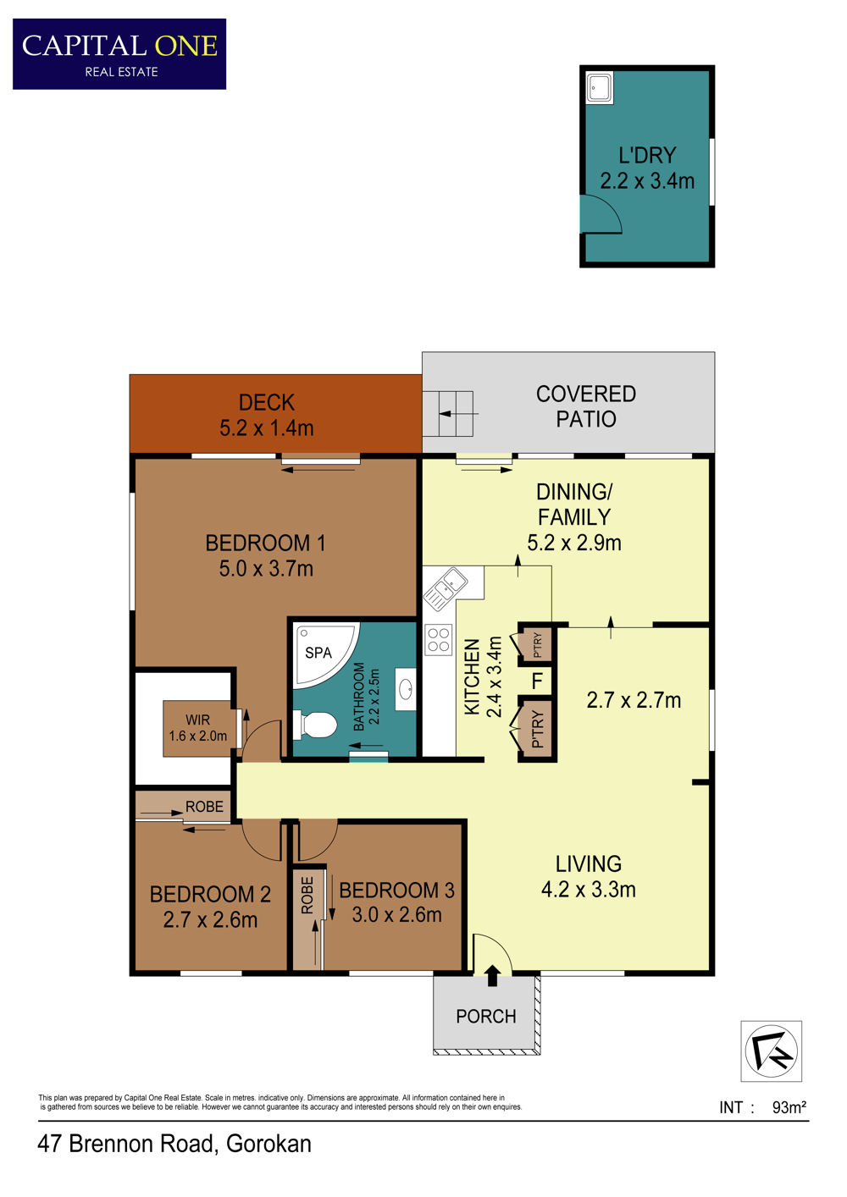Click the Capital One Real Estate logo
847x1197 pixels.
pyautogui.click(x=119, y=54)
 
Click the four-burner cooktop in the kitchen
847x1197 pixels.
pyautogui.click(x=439, y=640)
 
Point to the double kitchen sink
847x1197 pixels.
pyautogui.click(x=446, y=588)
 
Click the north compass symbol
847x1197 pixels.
pyautogui.click(x=771, y=1051)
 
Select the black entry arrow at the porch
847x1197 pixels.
pyautogui.click(x=492, y=975)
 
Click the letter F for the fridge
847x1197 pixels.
pyautogui.click(x=537, y=681)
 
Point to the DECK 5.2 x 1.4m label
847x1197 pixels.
pyautogui.click(x=266, y=415)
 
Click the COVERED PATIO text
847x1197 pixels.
pyautogui.click(x=586, y=406)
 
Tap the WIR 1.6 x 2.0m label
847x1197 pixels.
pyautogui.click(x=198, y=728)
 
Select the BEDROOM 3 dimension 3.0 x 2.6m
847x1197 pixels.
pyautogui.click(x=396, y=914)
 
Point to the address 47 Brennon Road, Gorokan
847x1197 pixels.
pyautogui.click(x=174, y=1145)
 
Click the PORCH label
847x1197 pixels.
pyautogui.click(x=486, y=1016)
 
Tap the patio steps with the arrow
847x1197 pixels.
pyautogui.click(x=448, y=414)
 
